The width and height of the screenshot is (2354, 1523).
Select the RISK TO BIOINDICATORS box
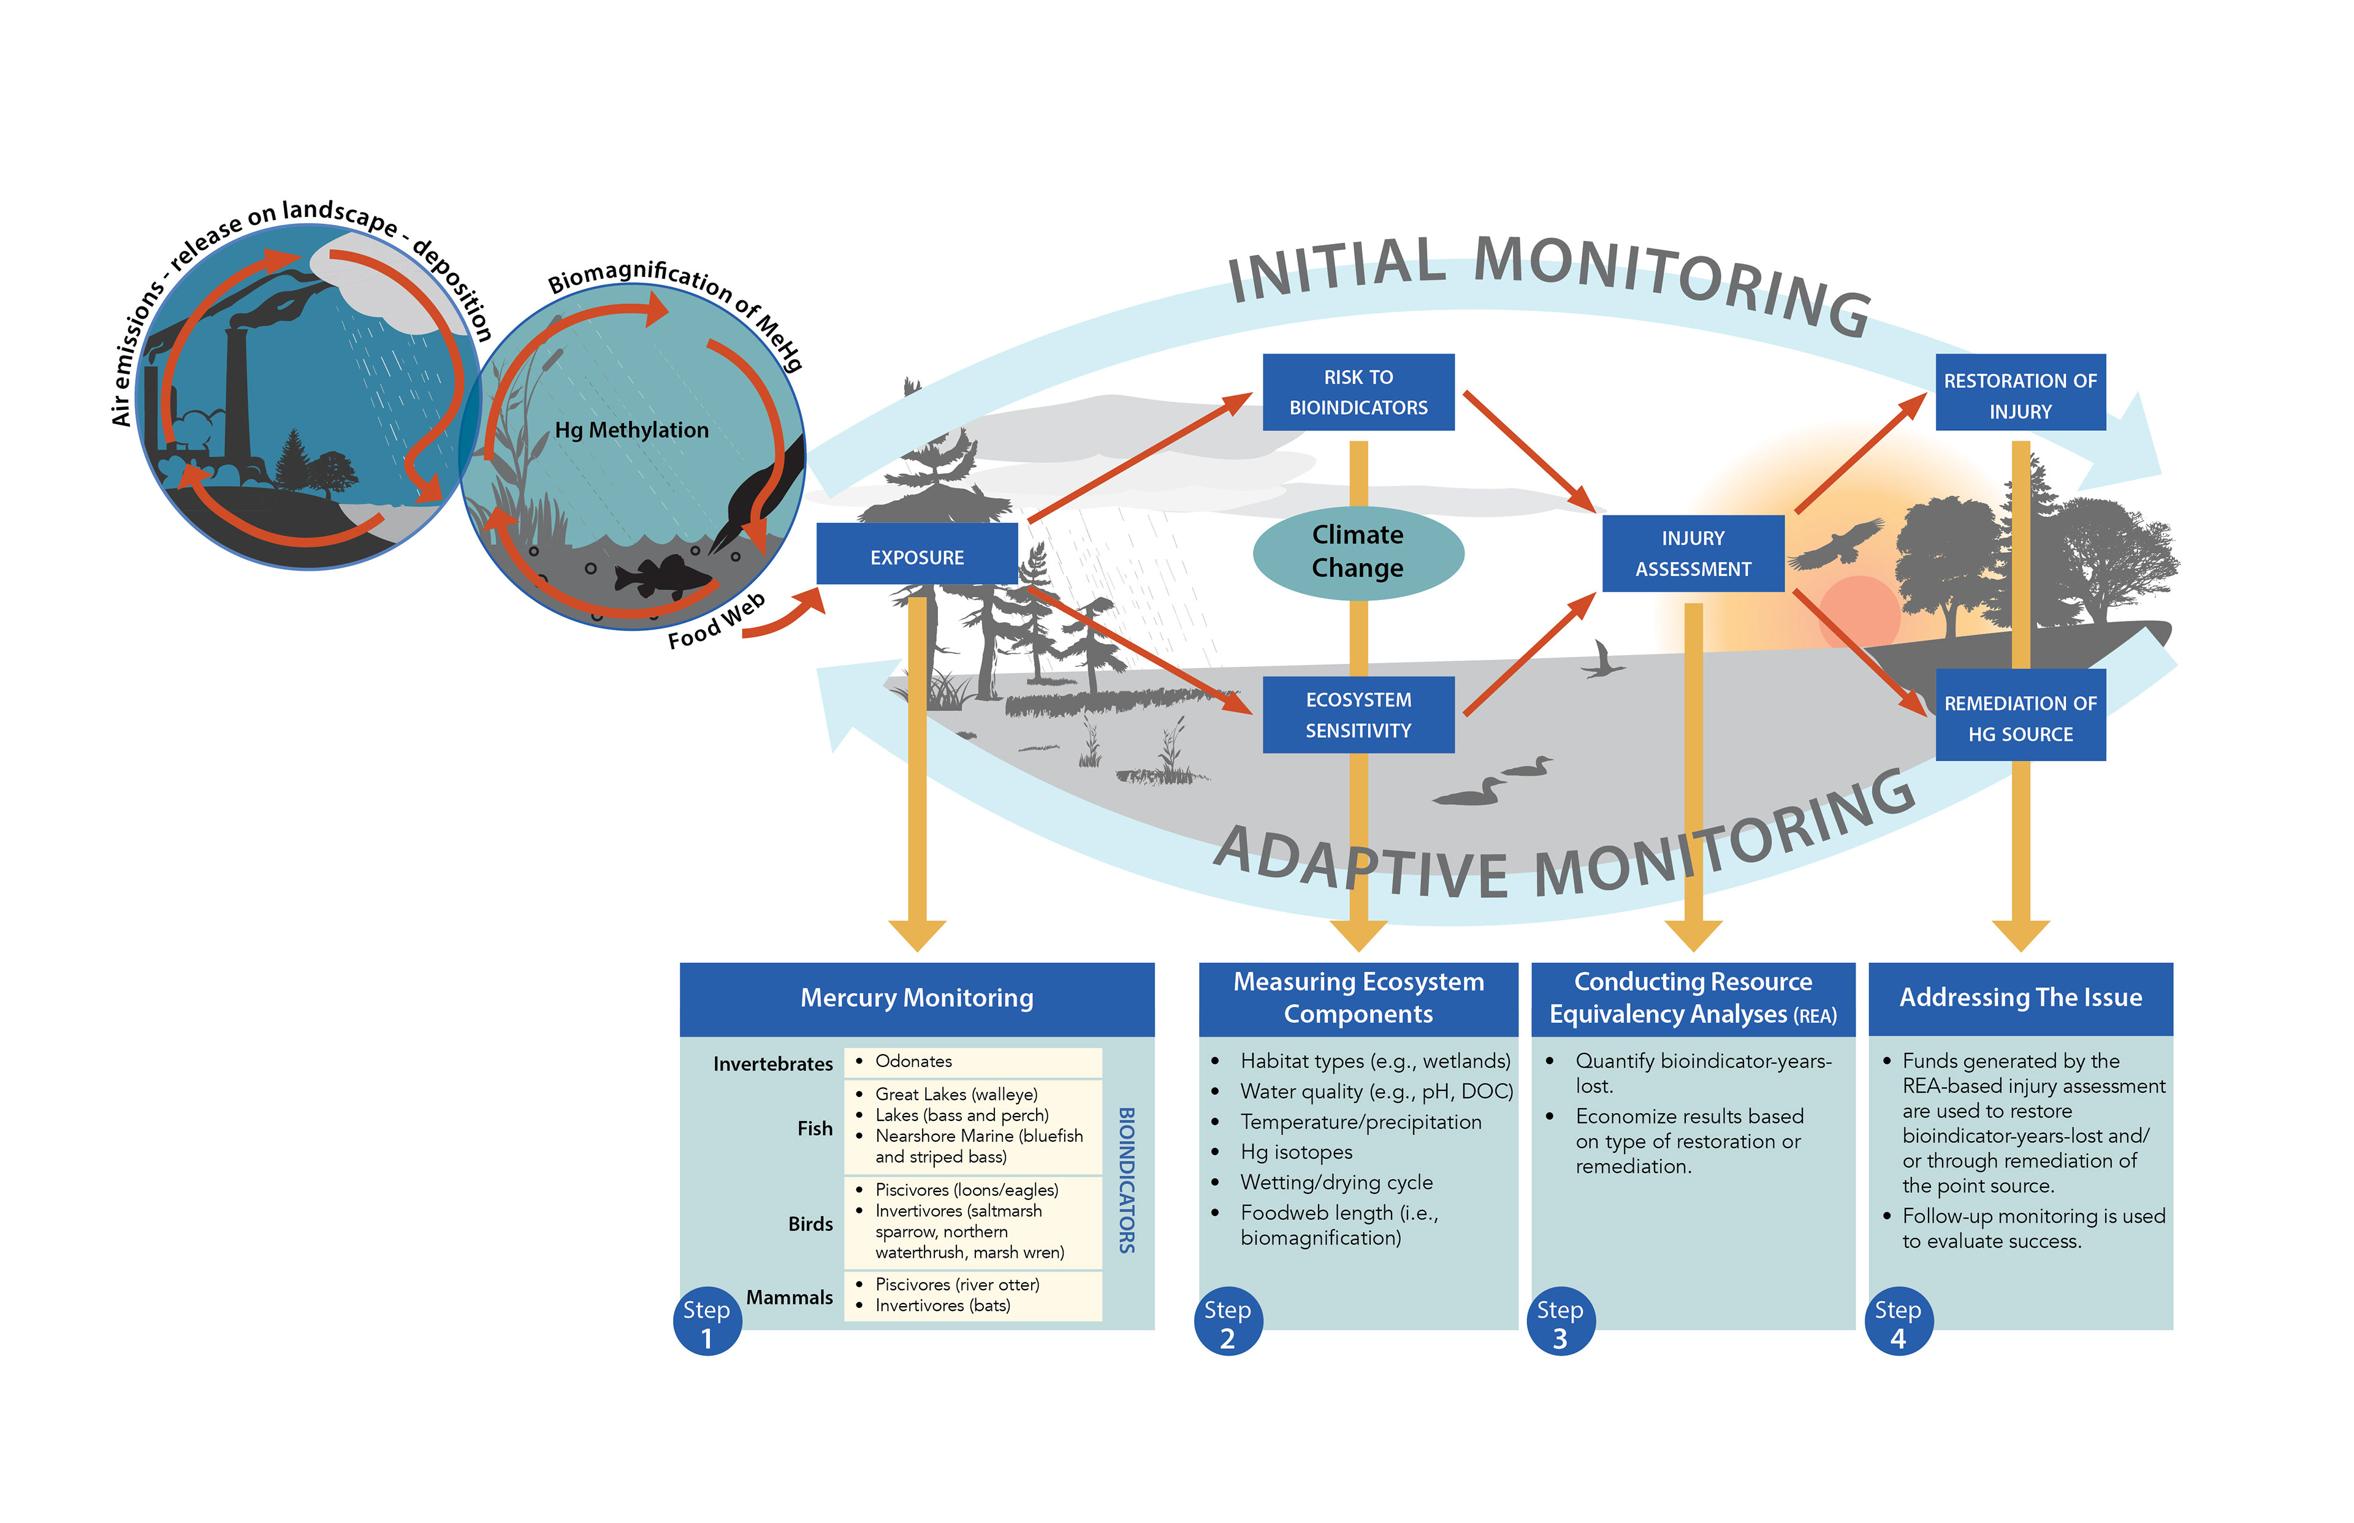(x=1357, y=393)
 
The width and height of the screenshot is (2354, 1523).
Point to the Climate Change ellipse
(x=1357, y=552)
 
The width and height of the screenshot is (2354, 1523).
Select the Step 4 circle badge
(x=1897, y=1321)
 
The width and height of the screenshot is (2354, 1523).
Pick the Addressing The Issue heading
(x=2020, y=998)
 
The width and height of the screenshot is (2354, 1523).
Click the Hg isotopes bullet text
(x=1296, y=1152)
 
